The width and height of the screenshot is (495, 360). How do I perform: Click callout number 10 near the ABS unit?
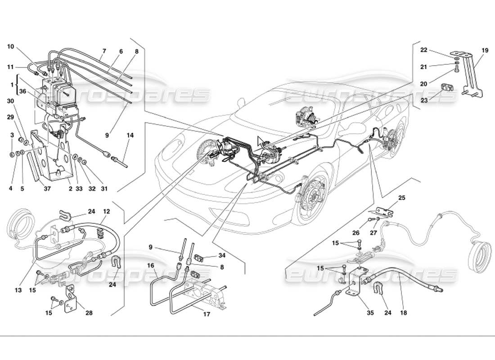point(11,46)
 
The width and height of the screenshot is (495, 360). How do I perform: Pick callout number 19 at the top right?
point(484,50)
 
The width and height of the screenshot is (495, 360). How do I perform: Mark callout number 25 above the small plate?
point(402,198)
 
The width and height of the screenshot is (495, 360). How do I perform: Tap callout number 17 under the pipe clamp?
point(206,314)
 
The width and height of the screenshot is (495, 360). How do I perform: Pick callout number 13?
point(18,291)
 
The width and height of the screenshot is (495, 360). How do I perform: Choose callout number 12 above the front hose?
point(106,211)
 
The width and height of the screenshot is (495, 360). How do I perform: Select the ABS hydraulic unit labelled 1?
point(55,94)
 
